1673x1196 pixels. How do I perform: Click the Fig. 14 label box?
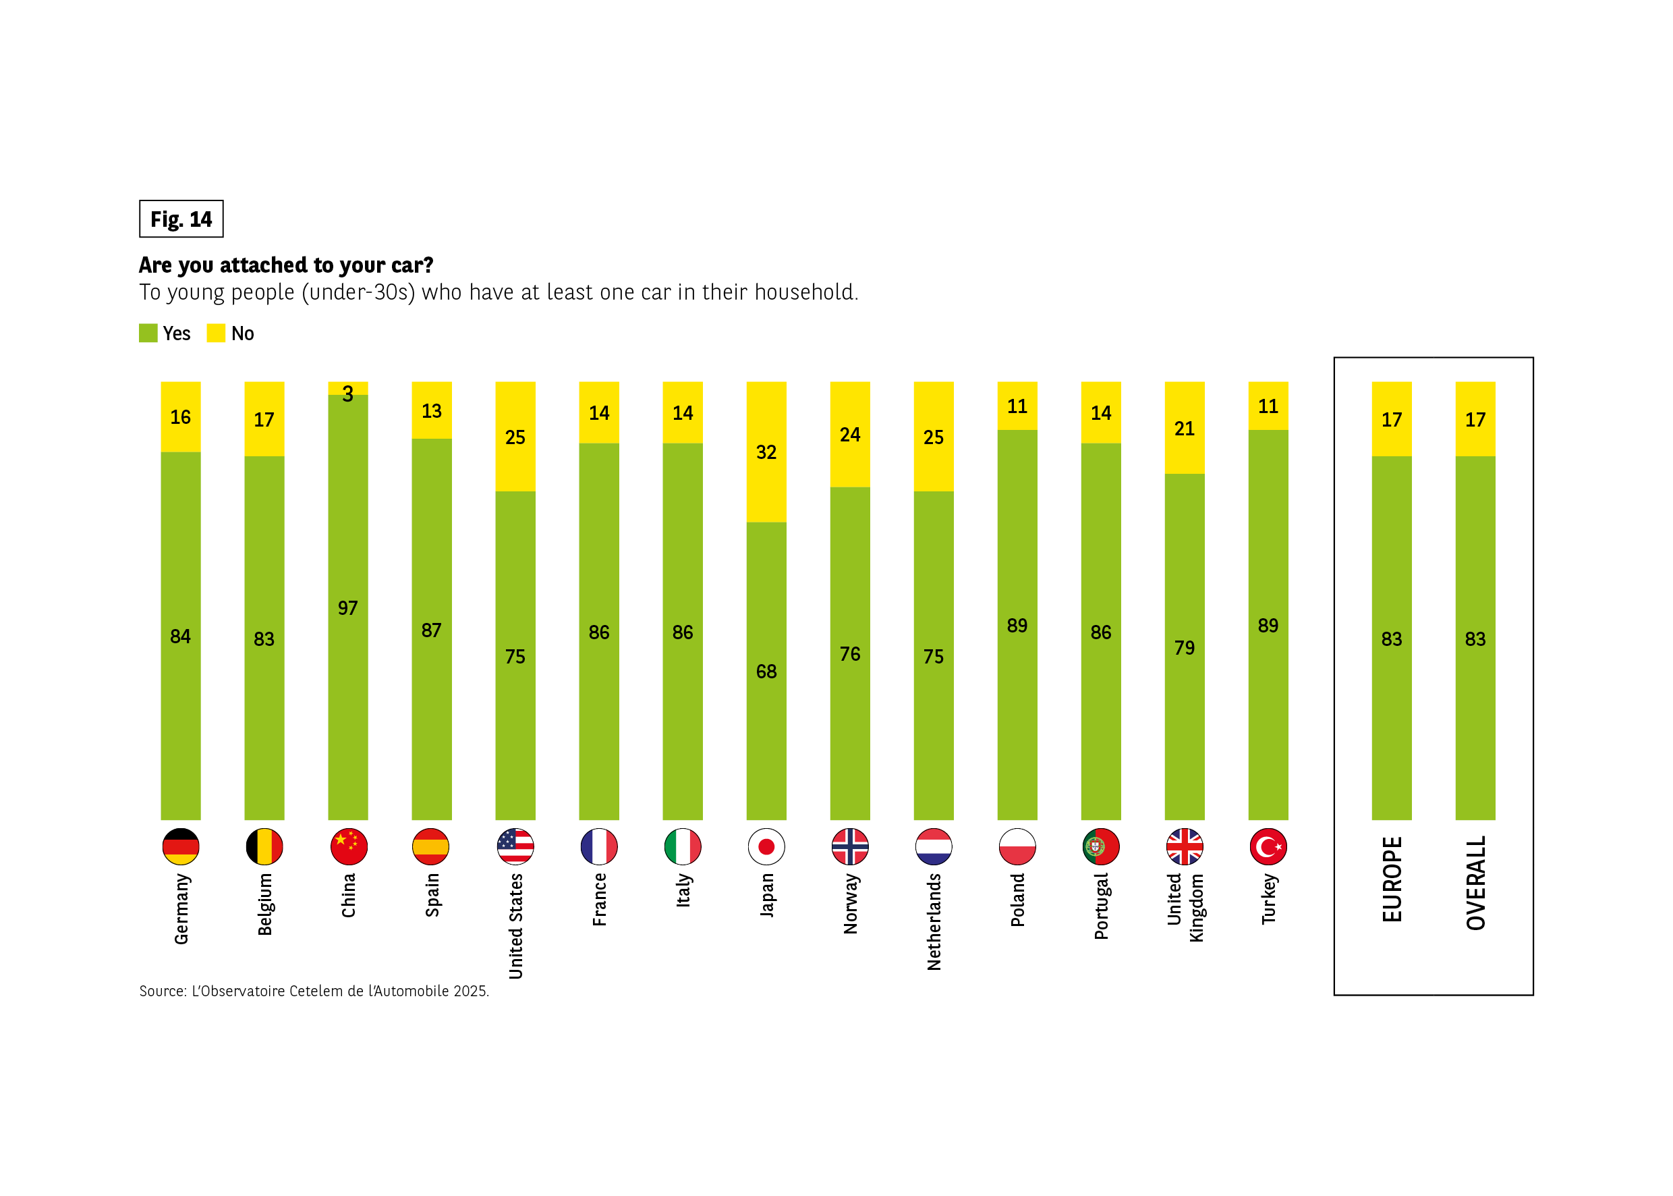181,219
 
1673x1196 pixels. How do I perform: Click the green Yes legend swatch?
148,333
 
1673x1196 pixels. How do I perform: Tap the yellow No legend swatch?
216,333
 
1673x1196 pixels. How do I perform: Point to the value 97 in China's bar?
347,608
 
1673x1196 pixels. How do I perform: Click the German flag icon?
180,847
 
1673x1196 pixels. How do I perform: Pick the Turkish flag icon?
1268,847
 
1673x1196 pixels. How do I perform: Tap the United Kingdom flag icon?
1185,847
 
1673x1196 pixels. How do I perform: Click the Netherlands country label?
933,922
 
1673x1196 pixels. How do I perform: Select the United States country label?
515,927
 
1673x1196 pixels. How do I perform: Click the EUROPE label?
1391,879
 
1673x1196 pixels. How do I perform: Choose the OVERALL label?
1475,883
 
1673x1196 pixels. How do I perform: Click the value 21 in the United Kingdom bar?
1185,429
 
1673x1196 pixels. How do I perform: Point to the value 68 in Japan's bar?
766,672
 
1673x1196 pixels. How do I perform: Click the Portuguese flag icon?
1100,847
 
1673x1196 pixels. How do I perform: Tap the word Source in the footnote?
163,991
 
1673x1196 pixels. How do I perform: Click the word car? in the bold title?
412,265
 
